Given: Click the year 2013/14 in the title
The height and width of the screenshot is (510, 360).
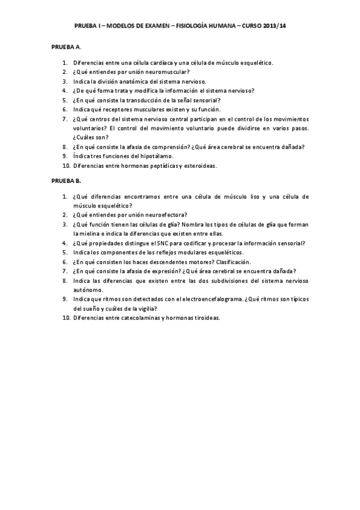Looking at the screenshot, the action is [x=273, y=27].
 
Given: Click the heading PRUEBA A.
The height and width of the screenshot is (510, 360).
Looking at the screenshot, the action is [x=66, y=46].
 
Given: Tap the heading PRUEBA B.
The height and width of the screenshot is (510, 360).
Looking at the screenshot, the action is [x=66, y=180].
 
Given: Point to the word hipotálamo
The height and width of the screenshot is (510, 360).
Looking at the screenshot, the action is [x=157, y=156].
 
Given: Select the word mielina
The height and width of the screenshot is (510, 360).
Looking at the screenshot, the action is [x=84, y=233].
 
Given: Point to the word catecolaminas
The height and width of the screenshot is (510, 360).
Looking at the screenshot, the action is [x=135, y=318].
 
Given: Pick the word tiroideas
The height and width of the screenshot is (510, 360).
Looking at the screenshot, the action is [x=204, y=318].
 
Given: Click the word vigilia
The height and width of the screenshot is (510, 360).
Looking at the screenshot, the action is [x=145, y=309].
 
